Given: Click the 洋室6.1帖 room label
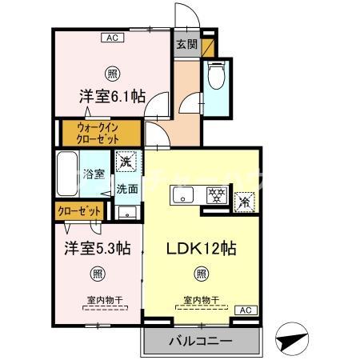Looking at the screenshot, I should tap(111, 97).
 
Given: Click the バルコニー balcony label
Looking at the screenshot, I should tap(200, 342).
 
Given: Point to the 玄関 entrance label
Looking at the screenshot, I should tap(186, 44).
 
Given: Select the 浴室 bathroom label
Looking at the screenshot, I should tap(94, 174).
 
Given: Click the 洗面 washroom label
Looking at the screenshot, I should tap(126, 190).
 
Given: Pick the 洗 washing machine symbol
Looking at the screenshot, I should tap(126, 162).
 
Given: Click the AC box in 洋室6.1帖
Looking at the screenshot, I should tap(111, 37).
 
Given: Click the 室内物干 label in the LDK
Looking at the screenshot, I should tap(201, 300).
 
